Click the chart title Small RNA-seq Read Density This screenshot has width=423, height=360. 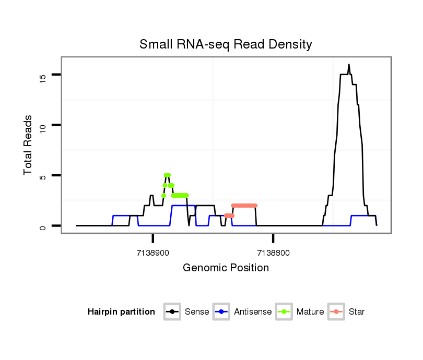(226, 44)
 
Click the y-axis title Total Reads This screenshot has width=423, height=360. (29, 145)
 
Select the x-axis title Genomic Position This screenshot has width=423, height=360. (226, 268)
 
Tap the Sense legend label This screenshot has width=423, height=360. (197, 312)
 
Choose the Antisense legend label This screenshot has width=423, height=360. (253, 312)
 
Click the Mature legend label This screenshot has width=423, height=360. (310, 312)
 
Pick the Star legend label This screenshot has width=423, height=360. (357, 312)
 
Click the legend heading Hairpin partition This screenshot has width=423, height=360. (121, 312)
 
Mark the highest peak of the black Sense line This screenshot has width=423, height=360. (348, 65)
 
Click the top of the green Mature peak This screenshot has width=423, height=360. (167, 175)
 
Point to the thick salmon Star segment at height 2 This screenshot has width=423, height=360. (244, 206)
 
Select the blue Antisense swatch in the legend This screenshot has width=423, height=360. (221, 312)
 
